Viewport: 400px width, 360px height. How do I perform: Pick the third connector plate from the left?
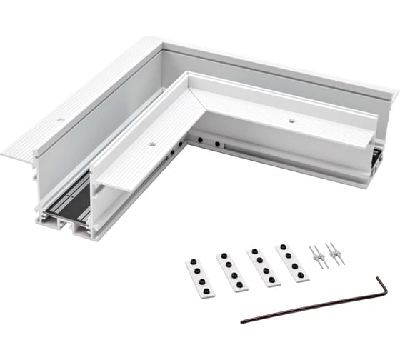click(x=264, y=264)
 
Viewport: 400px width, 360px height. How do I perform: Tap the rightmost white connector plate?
click(x=293, y=260)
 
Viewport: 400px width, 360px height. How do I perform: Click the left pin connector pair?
click(x=318, y=256)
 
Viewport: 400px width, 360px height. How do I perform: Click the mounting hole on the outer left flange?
click(x=60, y=119)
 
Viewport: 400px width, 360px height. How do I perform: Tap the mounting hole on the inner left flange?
click(x=151, y=144)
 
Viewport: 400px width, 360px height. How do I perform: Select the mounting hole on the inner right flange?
click(x=291, y=122)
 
